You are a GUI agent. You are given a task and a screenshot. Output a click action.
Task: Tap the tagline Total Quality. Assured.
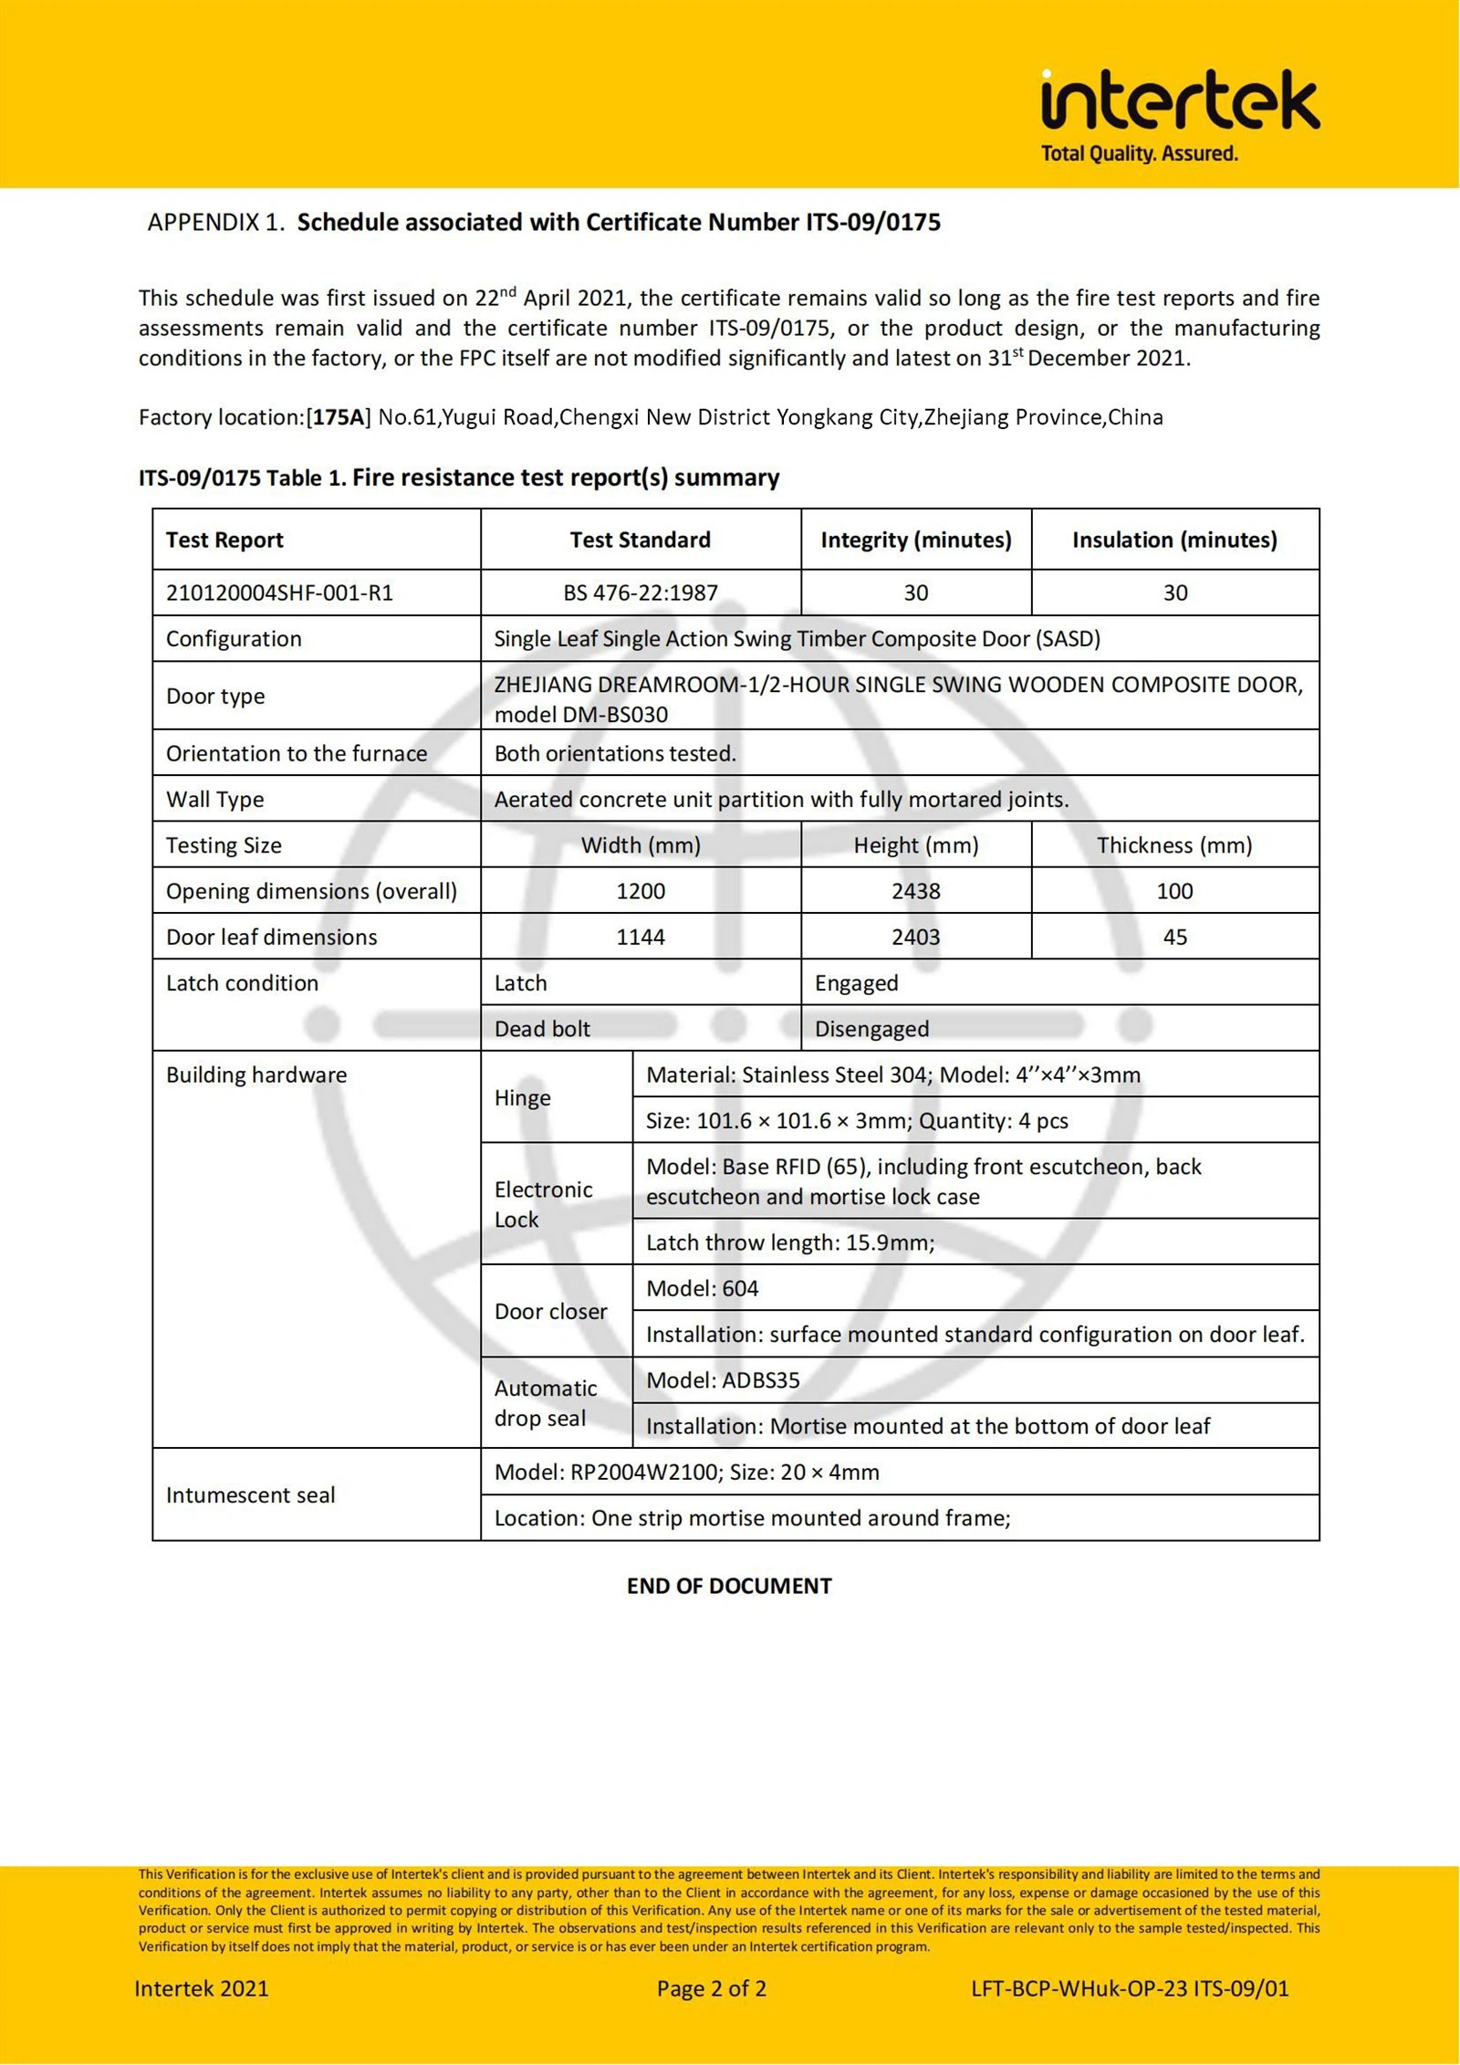[1140, 153]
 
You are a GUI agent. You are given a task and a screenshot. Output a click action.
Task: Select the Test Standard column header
[640, 540]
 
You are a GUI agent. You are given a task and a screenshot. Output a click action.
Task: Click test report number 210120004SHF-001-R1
[279, 592]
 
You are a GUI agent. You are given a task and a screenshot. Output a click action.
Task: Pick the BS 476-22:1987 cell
[640, 592]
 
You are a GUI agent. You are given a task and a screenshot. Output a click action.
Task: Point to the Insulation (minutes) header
[1174, 540]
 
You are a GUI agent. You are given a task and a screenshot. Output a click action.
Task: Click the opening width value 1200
[640, 891]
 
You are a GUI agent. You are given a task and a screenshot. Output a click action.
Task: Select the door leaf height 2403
[915, 937]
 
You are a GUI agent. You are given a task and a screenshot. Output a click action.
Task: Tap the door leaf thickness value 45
[1174, 937]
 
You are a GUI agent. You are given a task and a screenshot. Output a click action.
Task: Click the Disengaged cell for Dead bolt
[871, 1029]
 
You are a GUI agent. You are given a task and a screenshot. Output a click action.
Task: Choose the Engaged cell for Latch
[856, 983]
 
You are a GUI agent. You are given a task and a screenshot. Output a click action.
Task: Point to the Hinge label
[522, 1097]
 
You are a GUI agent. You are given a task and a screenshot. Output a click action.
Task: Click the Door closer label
[550, 1311]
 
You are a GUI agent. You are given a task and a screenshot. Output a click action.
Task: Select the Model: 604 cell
[702, 1288]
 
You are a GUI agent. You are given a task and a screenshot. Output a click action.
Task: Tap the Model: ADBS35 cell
[723, 1379]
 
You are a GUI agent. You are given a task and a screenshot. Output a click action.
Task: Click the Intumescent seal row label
[250, 1494]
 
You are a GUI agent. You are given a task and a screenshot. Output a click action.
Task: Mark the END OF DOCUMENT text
[729, 1586]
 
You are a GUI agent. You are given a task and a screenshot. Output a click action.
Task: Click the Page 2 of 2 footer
[711, 1988]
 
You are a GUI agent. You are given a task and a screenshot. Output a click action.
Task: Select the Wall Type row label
[214, 799]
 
